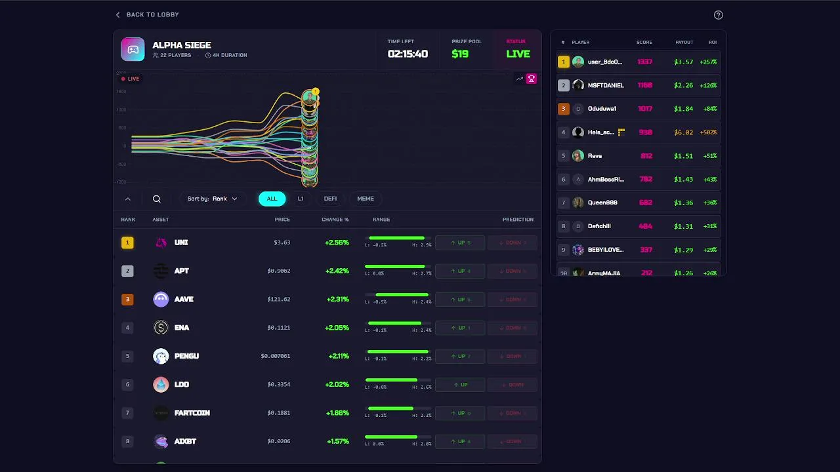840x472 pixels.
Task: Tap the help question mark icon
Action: click(x=718, y=15)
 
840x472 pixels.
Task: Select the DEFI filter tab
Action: click(x=330, y=199)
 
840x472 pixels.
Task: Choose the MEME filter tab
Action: click(x=366, y=199)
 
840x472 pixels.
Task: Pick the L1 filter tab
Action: click(x=301, y=199)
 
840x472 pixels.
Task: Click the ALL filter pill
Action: click(x=272, y=199)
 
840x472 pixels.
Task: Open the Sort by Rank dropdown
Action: click(x=212, y=199)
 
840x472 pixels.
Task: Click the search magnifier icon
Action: click(x=157, y=199)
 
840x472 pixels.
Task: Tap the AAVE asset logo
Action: click(x=161, y=300)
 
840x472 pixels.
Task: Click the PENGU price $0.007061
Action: click(x=276, y=356)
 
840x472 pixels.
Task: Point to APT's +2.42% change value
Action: click(x=337, y=271)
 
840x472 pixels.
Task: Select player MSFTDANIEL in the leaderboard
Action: click(x=606, y=85)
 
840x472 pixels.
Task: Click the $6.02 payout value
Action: click(x=683, y=132)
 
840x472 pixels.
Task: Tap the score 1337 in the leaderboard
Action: click(x=644, y=62)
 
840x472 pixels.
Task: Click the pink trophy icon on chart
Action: click(x=532, y=79)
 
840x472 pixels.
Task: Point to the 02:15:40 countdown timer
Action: click(x=408, y=54)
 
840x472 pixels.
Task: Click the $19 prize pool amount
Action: click(x=460, y=54)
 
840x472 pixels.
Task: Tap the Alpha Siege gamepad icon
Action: click(x=133, y=50)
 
